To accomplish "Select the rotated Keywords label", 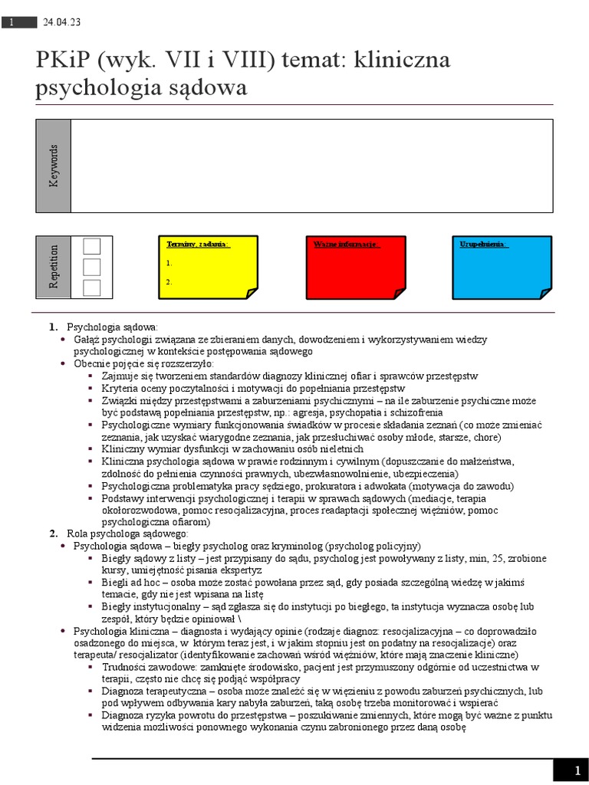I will click(x=53, y=166).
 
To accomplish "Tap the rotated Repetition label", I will click(x=53, y=267).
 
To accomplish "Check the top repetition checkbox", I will click(x=91, y=246).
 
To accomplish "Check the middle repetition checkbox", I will click(x=91, y=267).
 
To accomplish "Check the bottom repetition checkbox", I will click(x=91, y=287).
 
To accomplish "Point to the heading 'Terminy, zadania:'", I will click(x=198, y=244).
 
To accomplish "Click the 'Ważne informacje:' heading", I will click(x=345, y=244).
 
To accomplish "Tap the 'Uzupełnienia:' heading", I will click(x=483, y=244).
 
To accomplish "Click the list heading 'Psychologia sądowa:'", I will click(x=112, y=327).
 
